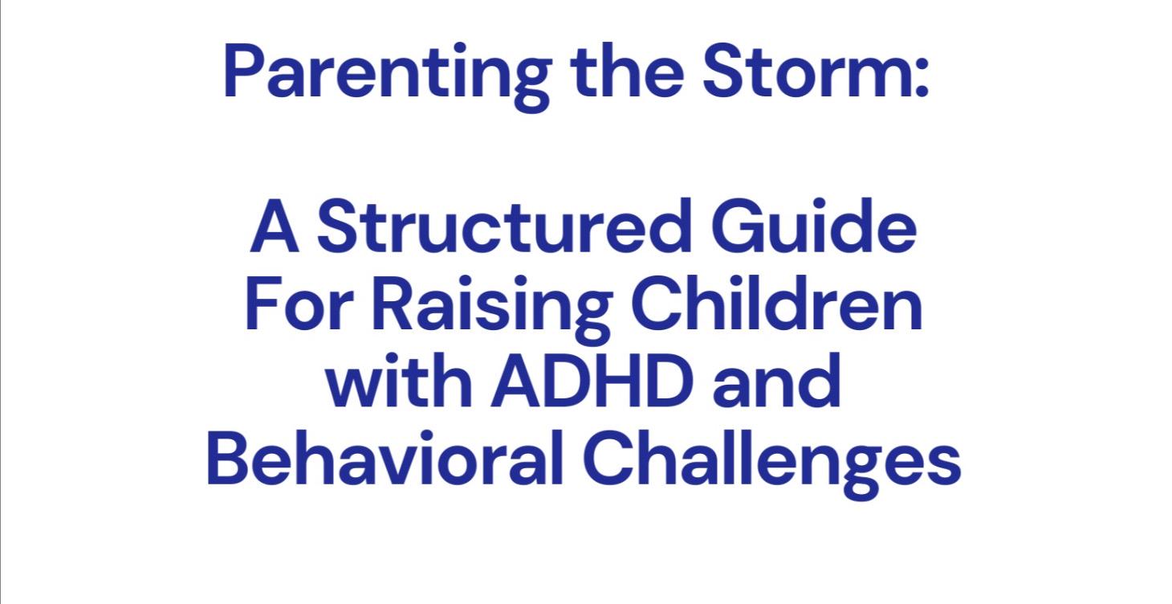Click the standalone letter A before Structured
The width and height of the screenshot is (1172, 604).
pyautogui.click(x=274, y=227)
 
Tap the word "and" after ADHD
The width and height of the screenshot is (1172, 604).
pyautogui.click(x=775, y=384)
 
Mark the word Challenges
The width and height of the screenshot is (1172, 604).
pyautogui.click(x=771, y=464)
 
